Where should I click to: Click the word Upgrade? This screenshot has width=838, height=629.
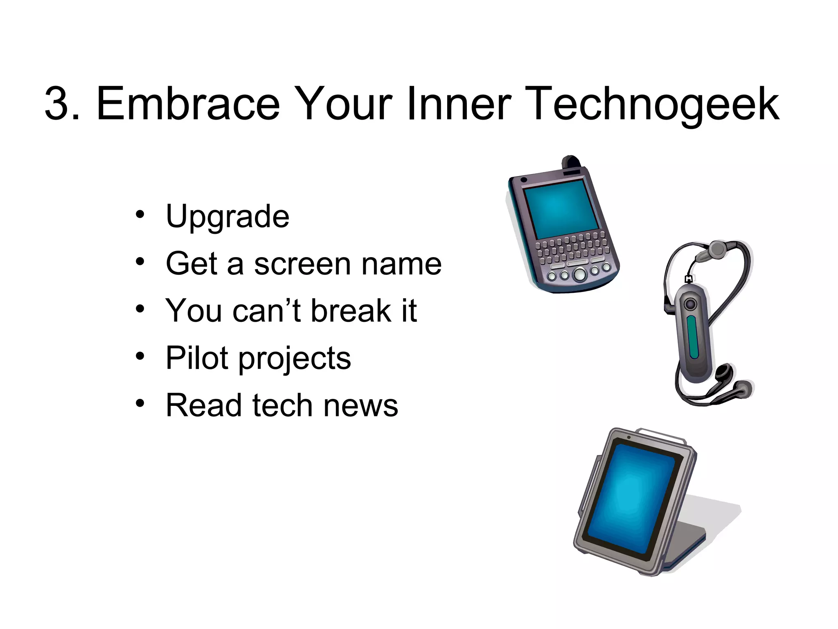point(228,217)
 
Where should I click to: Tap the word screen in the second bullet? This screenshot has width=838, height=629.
point(302,264)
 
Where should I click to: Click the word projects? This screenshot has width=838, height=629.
point(295,360)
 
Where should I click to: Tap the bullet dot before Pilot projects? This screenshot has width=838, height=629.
point(140,356)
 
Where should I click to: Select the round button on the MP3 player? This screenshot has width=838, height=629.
point(691,304)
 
